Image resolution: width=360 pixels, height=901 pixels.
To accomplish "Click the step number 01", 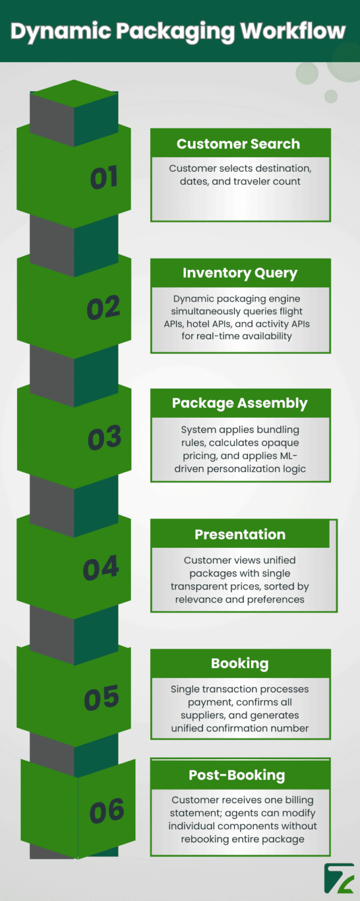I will [104, 178].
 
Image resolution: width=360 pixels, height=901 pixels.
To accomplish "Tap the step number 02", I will [103, 309].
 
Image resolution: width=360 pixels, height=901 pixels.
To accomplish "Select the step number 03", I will [104, 439].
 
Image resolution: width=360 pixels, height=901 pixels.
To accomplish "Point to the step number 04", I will [100, 568].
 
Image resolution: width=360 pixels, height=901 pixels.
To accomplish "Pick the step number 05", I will [101, 699].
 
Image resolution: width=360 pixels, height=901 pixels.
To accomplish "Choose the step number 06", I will [107, 811].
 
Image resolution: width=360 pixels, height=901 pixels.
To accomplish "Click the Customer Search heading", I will [238, 144].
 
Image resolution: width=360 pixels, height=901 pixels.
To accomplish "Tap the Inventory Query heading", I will [240, 273].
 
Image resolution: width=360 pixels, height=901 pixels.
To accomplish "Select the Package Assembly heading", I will [239, 403].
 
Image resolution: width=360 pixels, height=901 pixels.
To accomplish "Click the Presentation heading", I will [240, 534].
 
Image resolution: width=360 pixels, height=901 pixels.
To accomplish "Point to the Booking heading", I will [240, 663].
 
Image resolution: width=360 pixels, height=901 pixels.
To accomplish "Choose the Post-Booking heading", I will [237, 775].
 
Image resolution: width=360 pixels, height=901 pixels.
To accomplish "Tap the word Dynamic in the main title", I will [52, 31].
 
